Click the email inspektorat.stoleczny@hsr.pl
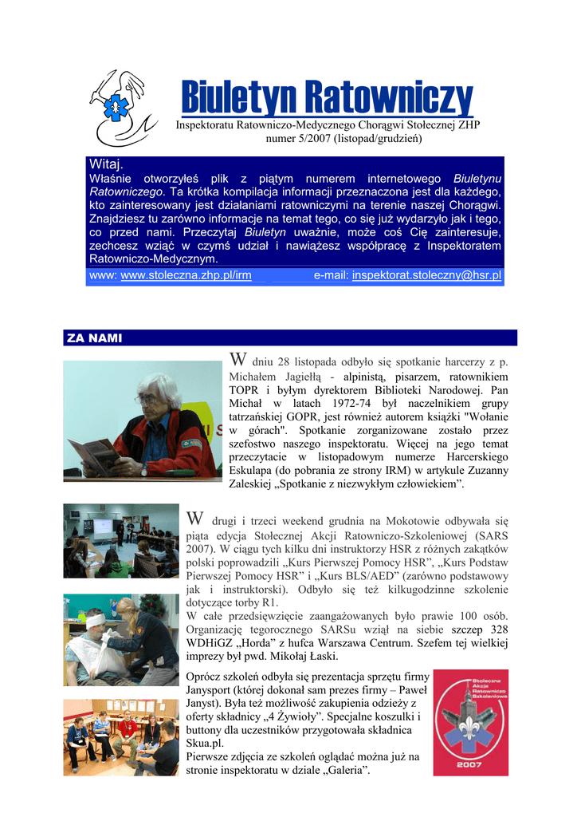click(426, 275)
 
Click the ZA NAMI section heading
click(94, 338)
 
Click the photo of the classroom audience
click(120, 540)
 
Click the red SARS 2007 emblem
click(470, 723)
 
